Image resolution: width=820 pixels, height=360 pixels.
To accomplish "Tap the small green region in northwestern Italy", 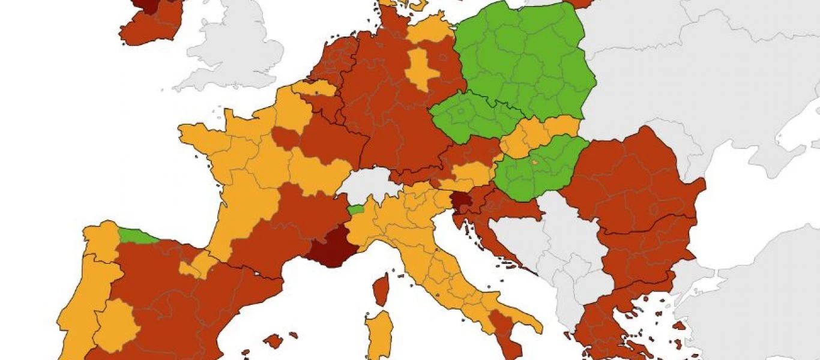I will click(356, 209).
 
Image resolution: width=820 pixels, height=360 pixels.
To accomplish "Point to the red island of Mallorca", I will click(273, 341).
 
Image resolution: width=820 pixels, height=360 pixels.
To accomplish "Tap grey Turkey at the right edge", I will click(750, 312).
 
